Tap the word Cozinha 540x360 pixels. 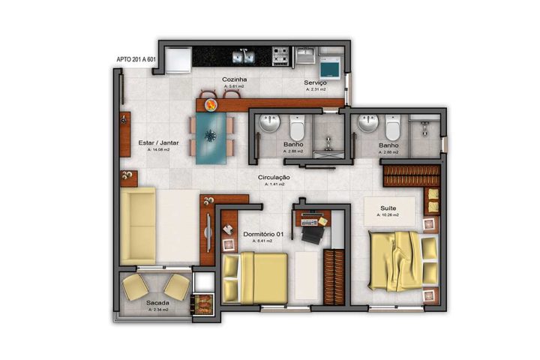click(x=235, y=79)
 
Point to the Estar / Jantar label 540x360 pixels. click(x=158, y=142)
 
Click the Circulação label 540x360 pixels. click(x=274, y=178)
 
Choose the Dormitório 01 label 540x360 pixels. click(x=264, y=235)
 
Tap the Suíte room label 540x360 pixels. click(x=388, y=207)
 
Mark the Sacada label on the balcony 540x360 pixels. click(x=157, y=302)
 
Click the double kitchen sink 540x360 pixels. click(x=241, y=55)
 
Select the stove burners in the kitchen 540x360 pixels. click(x=282, y=55)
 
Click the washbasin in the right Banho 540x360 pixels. click(x=367, y=124)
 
